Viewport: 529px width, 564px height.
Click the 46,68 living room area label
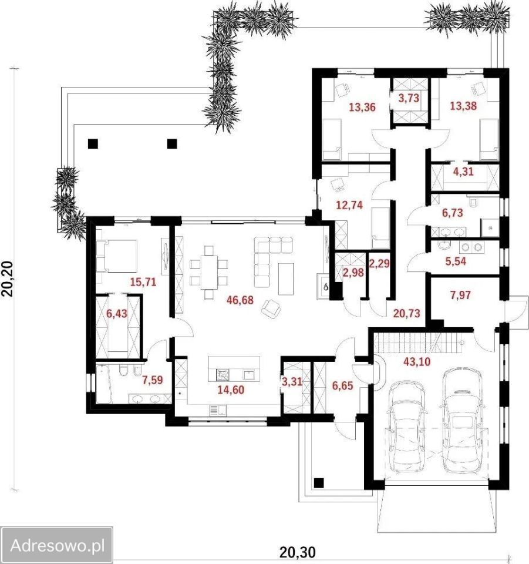[x=240, y=299]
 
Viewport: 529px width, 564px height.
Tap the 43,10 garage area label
[x=417, y=361]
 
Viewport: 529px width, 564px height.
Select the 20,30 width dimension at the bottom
[x=298, y=552]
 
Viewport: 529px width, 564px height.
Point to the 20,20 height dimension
[x=8, y=278]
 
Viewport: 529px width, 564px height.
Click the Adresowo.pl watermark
[x=57, y=546]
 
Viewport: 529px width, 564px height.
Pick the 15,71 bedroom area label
[x=143, y=281]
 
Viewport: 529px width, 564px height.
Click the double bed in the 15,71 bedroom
[x=117, y=256]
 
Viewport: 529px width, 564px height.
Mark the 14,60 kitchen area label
[x=231, y=390]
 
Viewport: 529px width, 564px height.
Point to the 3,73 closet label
[x=409, y=98]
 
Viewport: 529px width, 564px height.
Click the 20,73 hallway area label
[x=406, y=313]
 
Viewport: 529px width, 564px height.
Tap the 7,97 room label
[x=460, y=296]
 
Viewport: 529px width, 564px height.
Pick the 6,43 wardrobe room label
[x=117, y=314]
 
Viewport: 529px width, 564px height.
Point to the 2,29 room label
[x=379, y=264]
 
